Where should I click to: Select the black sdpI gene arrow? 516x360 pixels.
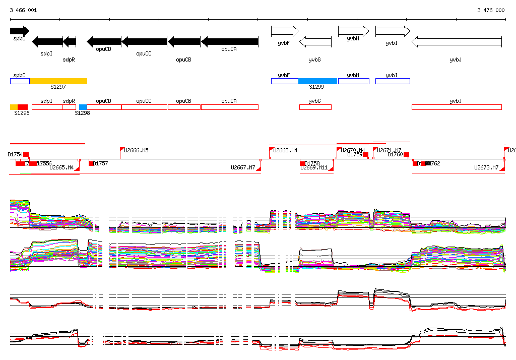tap(47, 42)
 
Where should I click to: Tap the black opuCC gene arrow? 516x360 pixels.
tap(144, 42)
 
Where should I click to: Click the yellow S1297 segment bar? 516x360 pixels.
tap(58, 81)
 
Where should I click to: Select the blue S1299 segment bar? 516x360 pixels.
tap(317, 81)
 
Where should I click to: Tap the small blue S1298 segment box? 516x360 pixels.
tap(83, 107)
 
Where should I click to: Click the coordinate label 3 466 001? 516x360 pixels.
tap(23, 10)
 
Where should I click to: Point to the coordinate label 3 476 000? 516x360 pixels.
tap(491, 10)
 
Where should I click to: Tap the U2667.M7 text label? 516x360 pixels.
tap(243, 167)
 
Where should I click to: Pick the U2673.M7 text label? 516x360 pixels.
tap(486, 167)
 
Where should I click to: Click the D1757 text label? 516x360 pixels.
tap(101, 163)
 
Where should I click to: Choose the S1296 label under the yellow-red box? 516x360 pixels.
tap(22, 113)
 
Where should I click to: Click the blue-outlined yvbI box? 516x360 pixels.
tap(393, 81)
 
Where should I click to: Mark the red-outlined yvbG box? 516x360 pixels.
tap(315, 107)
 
